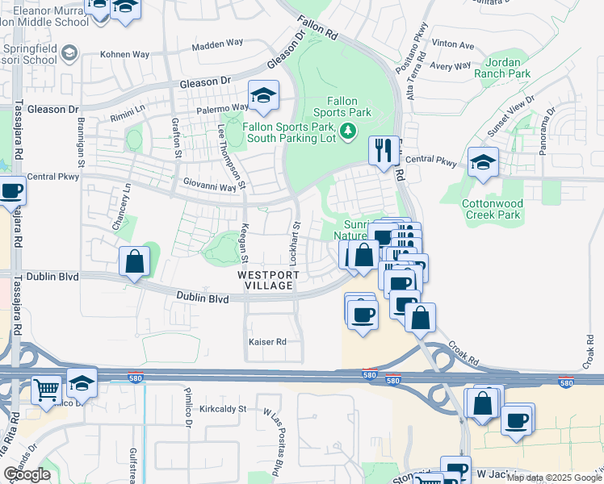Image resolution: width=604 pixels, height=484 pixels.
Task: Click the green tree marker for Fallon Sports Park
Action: click(348, 131)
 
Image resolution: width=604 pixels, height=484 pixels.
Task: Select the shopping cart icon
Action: click(47, 391)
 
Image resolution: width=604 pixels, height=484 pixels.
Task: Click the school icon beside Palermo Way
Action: click(263, 97)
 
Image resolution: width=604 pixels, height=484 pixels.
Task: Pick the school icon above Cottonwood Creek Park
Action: click(483, 164)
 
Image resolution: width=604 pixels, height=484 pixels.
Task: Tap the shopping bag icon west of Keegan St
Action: click(134, 261)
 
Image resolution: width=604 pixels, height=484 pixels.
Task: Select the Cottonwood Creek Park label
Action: click(494, 210)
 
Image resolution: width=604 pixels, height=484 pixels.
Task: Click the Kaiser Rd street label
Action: click(266, 342)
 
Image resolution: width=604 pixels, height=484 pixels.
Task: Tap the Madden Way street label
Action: click(218, 47)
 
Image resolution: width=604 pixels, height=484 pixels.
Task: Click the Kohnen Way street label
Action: click(124, 55)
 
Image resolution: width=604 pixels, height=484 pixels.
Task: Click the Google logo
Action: click(27, 474)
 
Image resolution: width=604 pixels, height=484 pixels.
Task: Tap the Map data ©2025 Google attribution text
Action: click(553, 478)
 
